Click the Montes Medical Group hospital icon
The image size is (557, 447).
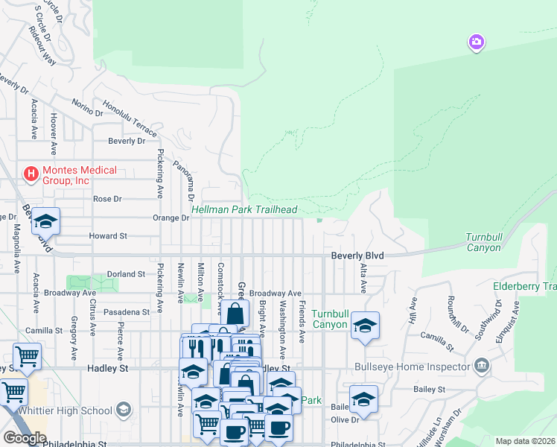[31, 174]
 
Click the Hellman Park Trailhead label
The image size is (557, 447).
[244, 210]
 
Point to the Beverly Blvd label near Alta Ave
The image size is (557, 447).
[357, 256]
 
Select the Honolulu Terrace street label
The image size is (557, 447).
[130, 118]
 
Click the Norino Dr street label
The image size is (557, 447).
[87, 108]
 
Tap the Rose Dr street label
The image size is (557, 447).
[106, 199]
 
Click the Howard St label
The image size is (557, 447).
[108, 235]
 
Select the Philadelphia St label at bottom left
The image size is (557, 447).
[74, 443]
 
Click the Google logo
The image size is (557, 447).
[25, 438]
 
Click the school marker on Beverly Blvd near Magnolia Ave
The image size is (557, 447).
[45, 221]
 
